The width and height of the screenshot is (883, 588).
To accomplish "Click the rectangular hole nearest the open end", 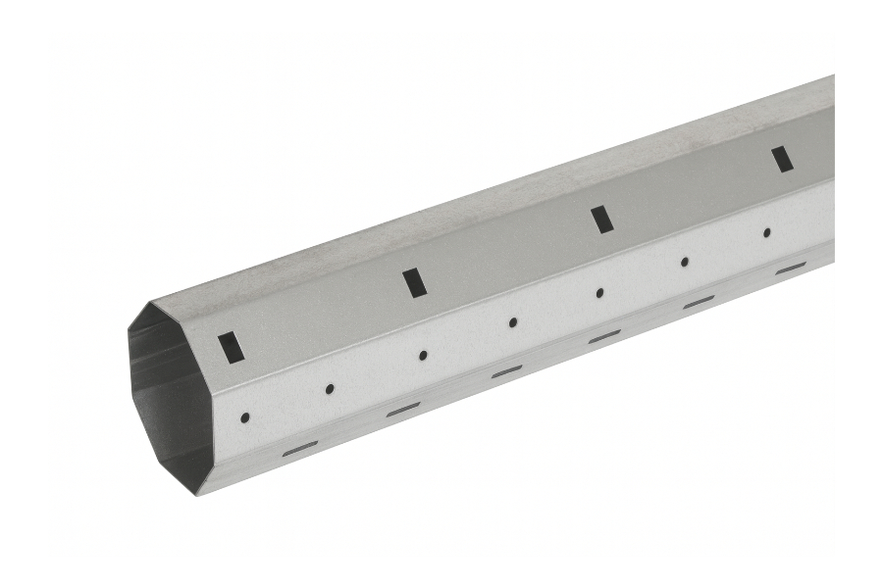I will (232, 347).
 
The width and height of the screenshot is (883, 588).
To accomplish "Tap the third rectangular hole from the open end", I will (601, 220).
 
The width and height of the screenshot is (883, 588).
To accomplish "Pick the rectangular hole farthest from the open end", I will (781, 159).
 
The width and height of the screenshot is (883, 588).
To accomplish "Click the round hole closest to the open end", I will (244, 417).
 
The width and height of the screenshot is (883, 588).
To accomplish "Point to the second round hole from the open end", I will (330, 388).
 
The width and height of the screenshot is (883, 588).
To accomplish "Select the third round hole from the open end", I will (423, 355).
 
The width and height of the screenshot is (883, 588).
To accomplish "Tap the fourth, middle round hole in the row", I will (512, 322).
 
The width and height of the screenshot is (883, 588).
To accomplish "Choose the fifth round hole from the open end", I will (599, 292).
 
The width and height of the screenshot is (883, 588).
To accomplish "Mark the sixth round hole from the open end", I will (685, 262).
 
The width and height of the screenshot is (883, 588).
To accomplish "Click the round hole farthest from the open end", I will (766, 232).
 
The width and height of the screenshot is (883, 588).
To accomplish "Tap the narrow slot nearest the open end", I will (300, 448).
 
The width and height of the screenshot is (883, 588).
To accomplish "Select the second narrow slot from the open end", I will (402, 410).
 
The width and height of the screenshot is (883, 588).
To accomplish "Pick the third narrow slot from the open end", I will (506, 371).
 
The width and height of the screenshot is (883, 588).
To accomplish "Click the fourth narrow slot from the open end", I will (604, 336).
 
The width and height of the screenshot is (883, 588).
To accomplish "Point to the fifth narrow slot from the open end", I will (699, 302).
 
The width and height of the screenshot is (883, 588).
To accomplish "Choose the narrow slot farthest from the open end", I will (790, 268).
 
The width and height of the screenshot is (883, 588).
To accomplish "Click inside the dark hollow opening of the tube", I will (172, 392).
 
